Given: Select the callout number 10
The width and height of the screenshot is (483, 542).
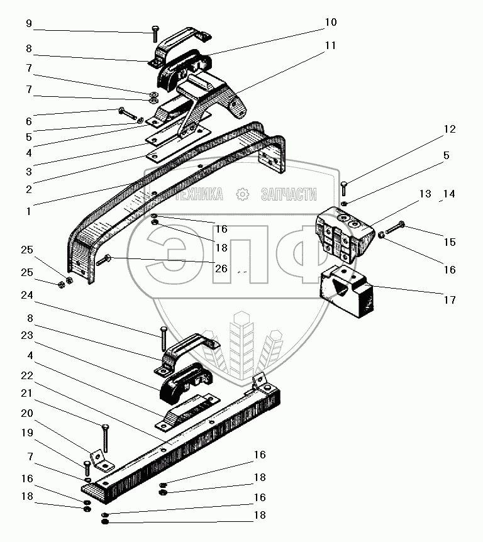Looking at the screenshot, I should (331, 23).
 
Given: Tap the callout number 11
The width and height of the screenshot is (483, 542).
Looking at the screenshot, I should (331, 46).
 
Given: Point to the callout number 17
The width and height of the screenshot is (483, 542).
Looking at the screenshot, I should (448, 300).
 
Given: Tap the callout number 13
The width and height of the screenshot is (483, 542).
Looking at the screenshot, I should (425, 194).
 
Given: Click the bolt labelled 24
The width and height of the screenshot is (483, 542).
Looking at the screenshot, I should (163, 338).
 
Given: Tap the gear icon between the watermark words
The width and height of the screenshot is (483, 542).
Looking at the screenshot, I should (243, 195).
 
